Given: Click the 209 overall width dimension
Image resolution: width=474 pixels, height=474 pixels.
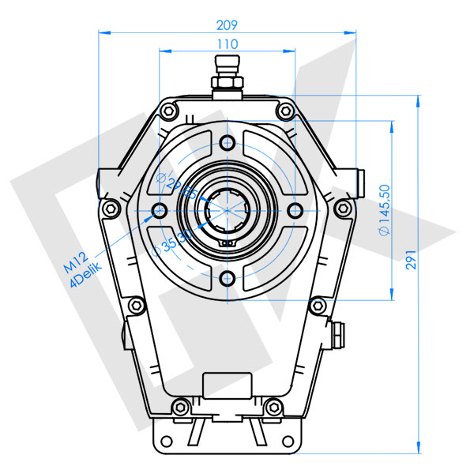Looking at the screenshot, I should [x=230, y=24].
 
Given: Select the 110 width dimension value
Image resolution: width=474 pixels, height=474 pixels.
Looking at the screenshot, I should [x=228, y=43].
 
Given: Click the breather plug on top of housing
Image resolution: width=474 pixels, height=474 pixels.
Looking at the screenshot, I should [x=228, y=75].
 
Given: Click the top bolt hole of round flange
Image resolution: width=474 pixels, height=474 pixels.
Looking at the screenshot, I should [x=228, y=142].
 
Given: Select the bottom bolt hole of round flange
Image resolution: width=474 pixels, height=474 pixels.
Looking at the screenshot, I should [x=228, y=278].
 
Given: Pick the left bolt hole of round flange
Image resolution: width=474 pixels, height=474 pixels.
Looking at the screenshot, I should [x=160, y=210].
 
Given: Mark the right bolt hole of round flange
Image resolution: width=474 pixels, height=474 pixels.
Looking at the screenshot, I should [x=295, y=210].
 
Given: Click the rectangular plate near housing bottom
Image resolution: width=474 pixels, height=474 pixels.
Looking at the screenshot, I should [x=228, y=385].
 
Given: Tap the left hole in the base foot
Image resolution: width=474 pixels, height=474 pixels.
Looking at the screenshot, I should [x=167, y=440].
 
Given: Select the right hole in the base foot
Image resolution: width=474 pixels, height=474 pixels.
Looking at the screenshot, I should [x=288, y=440].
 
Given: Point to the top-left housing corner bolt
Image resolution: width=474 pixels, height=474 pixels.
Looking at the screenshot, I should [x=167, y=109].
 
